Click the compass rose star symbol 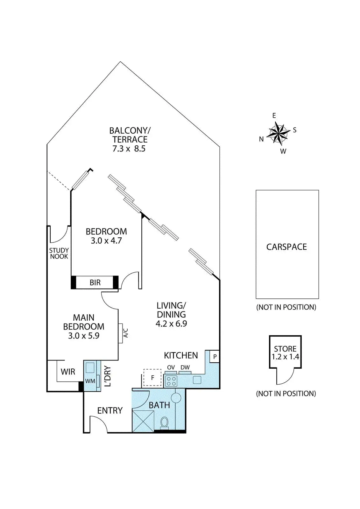point(278,133)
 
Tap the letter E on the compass point(274,116)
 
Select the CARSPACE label point(286,247)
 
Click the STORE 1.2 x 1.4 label point(285,353)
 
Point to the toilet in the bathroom point(164,423)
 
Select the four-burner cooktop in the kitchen point(171,381)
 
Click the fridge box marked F point(152,378)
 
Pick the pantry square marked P point(215,357)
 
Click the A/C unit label point(126,333)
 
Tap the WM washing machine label point(90,381)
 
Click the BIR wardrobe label point(95,282)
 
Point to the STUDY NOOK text point(59,253)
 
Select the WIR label point(68,372)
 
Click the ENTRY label point(110,410)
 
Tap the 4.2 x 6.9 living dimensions point(171,323)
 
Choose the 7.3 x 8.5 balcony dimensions point(129,149)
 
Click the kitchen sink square point(197,380)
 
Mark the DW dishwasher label point(185,367)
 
